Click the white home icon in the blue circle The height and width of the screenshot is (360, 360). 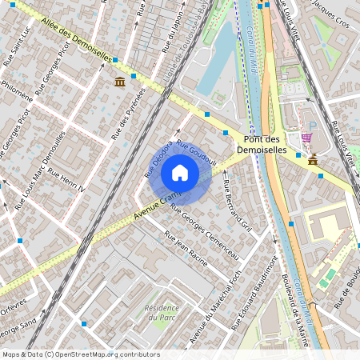coord(180,172)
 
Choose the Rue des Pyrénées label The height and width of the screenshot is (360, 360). coord(126,112)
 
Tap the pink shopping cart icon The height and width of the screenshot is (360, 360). coord(307,138)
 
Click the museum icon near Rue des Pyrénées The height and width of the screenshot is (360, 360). coord(119,82)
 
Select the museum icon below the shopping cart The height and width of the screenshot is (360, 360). coord(312,159)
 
